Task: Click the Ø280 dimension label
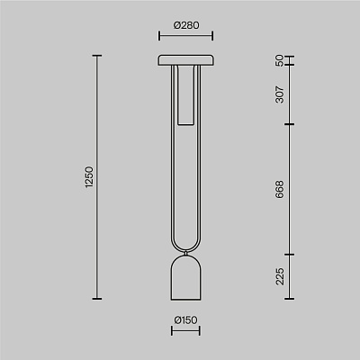click(x=186, y=25)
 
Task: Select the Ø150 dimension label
click(x=186, y=320)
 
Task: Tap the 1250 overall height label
click(x=89, y=177)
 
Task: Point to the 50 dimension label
click(x=279, y=60)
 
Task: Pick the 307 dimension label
click(x=279, y=94)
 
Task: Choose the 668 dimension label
click(x=279, y=189)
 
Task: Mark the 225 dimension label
click(x=279, y=276)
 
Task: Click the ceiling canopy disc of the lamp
click(x=186, y=60)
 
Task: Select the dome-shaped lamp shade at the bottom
click(x=186, y=277)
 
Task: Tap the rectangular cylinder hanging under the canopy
click(x=186, y=94)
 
